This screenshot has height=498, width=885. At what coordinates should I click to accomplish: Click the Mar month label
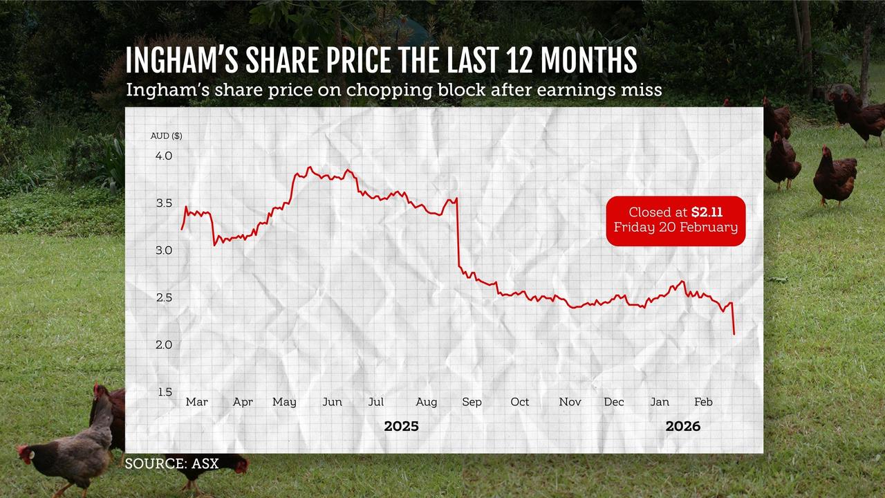[x=196, y=402]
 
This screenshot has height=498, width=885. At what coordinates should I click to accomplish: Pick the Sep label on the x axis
[x=472, y=402]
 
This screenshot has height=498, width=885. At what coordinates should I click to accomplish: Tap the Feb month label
[x=703, y=402]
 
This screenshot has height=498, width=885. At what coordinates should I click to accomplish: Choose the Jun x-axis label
[x=332, y=402]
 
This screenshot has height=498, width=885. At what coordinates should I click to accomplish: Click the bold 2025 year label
[x=401, y=426]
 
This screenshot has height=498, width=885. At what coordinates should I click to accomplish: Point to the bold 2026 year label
[x=682, y=426]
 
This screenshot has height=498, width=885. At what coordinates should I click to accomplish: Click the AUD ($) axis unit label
[x=167, y=136]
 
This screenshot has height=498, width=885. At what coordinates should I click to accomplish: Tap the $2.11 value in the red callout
[x=707, y=212]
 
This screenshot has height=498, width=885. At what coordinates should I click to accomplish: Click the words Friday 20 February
[x=676, y=228]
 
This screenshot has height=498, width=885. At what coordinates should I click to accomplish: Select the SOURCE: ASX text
[x=171, y=463]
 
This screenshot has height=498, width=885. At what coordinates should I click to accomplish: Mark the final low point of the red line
[x=734, y=334]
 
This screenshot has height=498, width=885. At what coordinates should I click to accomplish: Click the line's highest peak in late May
[x=309, y=167]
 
